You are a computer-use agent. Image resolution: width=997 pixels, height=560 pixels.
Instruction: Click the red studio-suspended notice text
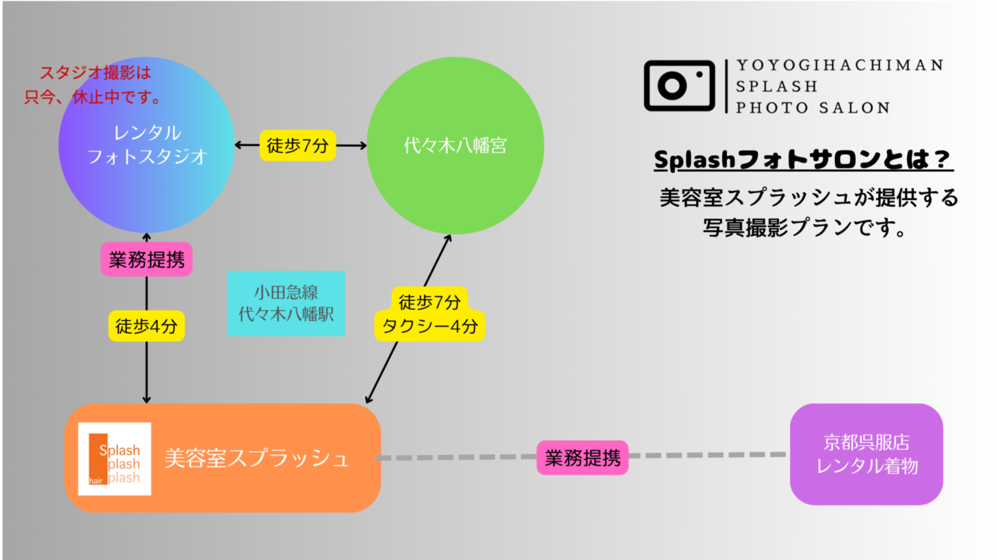click(x=93, y=85)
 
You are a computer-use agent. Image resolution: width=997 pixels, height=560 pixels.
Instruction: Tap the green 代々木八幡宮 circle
click(x=455, y=145)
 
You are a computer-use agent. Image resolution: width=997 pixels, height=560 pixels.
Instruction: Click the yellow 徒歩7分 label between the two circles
click(x=298, y=145)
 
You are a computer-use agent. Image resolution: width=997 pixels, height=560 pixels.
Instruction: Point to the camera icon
click(x=679, y=86)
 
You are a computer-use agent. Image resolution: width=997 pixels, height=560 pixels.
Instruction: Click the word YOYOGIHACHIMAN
click(x=839, y=65)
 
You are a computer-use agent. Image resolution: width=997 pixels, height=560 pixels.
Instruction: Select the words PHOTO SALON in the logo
click(x=812, y=107)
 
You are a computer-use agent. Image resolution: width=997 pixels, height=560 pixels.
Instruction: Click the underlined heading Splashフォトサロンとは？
click(x=803, y=161)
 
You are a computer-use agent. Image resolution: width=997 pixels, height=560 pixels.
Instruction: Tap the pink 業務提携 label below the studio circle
click(x=147, y=260)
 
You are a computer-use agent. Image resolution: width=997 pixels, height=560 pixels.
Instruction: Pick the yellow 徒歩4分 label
click(x=147, y=325)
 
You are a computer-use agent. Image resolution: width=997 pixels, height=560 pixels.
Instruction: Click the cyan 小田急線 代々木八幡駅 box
click(x=286, y=304)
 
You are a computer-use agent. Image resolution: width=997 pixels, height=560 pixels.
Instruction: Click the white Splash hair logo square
click(x=114, y=458)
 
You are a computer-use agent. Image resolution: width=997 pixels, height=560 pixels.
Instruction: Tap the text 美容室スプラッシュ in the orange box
click(x=256, y=458)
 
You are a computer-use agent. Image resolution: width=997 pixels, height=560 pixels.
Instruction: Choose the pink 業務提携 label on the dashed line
click(x=582, y=458)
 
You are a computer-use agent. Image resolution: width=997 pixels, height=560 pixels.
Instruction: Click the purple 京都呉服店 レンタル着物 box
click(x=866, y=454)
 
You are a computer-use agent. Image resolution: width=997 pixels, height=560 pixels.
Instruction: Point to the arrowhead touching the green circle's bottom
click(x=448, y=239)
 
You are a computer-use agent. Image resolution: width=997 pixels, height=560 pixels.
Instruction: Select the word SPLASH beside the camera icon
click(x=777, y=87)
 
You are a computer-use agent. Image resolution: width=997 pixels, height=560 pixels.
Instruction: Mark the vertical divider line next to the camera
click(x=726, y=86)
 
